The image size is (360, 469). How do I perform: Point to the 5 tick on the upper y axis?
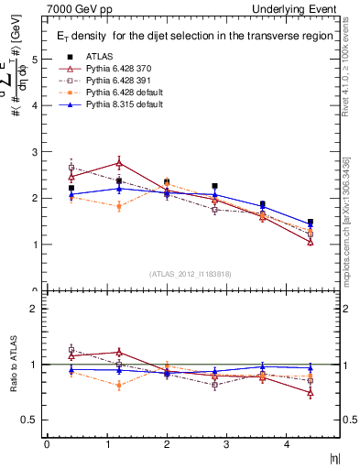coord(36,59)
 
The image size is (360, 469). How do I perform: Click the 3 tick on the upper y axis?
coord(36,152)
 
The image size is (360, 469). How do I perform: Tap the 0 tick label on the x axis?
coord(47,444)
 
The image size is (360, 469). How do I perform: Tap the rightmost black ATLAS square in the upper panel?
coord(311,223)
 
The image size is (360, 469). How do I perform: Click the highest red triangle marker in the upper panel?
coord(119,163)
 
